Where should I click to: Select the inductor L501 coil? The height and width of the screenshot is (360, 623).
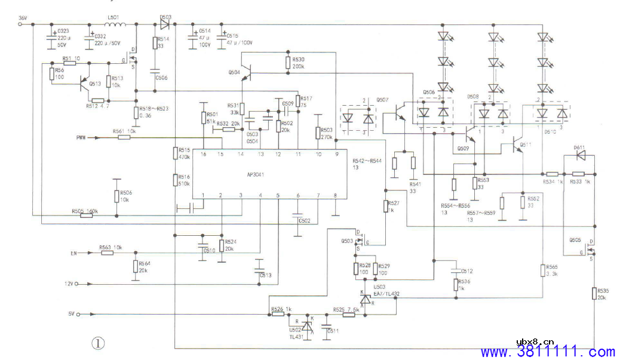(x=115, y=24)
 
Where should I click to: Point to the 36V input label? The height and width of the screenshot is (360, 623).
(x=23, y=17)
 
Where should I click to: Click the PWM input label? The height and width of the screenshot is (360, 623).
(x=82, y=137)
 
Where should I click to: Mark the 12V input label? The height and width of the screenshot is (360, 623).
(x=69, y=284)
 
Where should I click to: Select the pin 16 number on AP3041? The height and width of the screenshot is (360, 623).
(x=203, y=154)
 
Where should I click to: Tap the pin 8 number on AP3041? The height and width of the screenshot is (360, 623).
(x=335, y=195)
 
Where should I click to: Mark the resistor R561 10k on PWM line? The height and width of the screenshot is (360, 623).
(x=124, y=137)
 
